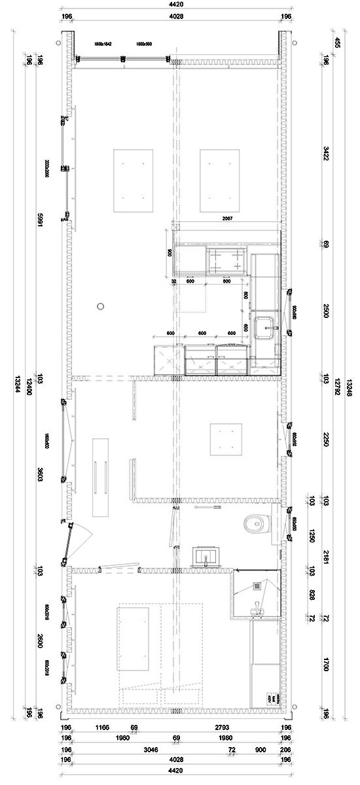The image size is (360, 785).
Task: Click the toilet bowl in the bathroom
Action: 254,523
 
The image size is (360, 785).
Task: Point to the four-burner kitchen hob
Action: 225,260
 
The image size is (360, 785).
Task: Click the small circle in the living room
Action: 99,304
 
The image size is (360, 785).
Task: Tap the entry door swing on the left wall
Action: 79,540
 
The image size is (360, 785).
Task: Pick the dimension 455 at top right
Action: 337,43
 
